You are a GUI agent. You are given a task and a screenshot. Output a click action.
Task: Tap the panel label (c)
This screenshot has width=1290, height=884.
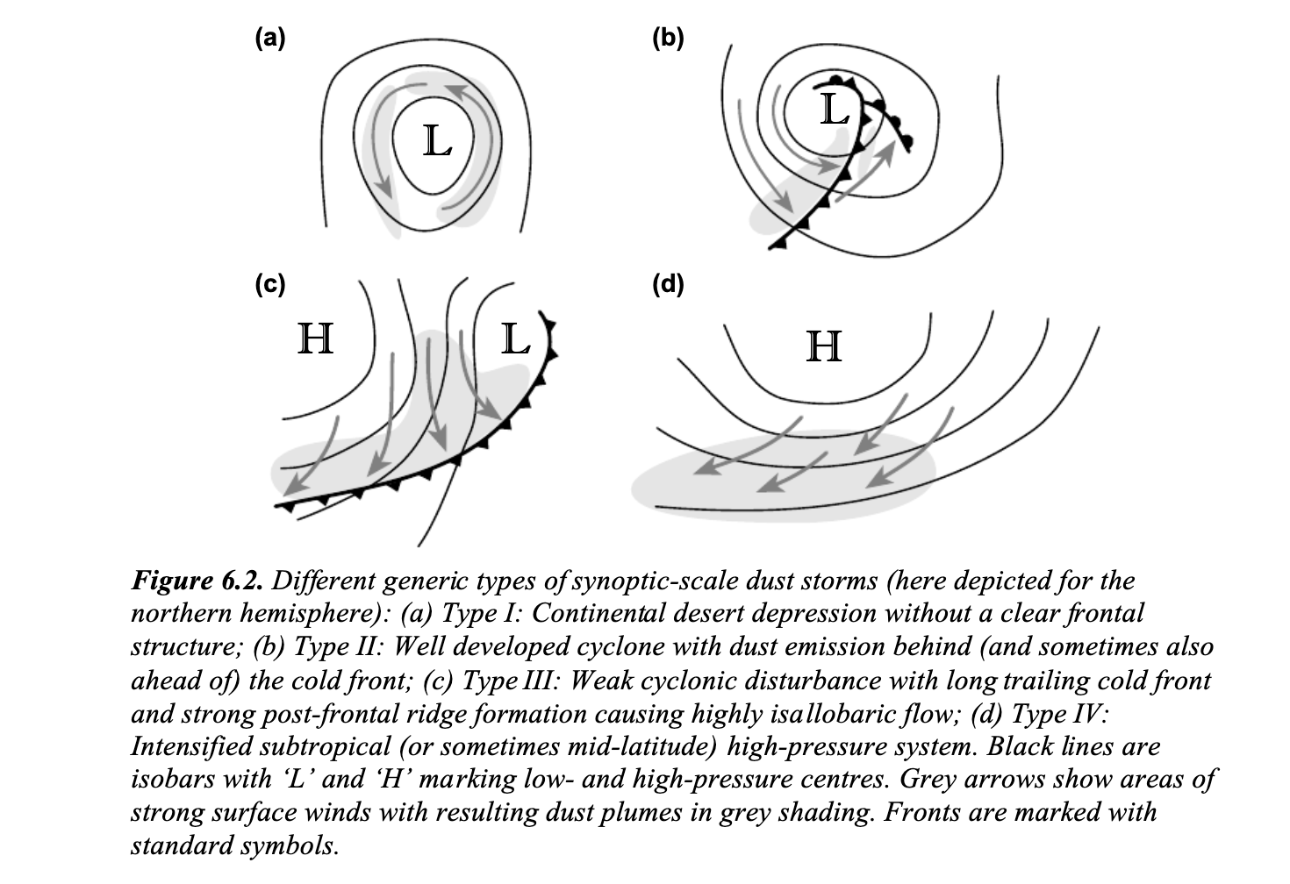pos(270,284)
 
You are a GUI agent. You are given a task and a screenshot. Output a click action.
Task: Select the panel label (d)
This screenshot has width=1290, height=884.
pos(668,284)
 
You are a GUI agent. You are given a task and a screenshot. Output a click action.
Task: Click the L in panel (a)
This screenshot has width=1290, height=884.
pos(437,141)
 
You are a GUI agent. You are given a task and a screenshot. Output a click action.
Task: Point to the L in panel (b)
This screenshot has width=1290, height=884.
pos(835,110)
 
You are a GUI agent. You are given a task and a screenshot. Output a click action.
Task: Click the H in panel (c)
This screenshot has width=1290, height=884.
pos(316,339)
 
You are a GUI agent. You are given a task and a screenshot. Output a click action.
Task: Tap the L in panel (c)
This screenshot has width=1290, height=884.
pos(515,339)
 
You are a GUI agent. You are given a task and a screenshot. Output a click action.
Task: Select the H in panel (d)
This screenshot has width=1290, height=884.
pos(824,346)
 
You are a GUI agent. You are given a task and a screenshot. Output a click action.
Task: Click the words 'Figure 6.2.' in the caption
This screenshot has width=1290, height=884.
pos(197,581)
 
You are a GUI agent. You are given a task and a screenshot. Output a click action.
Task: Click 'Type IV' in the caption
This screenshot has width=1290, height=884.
pos(1059,714)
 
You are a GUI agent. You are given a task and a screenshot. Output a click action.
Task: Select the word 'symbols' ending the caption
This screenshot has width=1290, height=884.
pos(289,847)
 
